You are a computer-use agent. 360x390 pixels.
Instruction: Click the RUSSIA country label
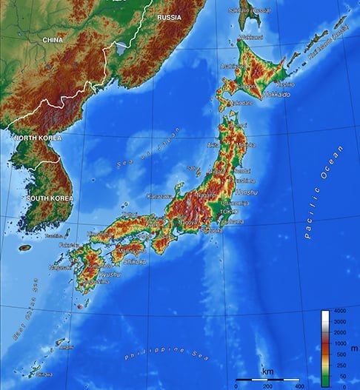pyautogui.click(x=170, y=16)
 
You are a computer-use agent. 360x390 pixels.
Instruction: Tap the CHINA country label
pyautogui.click(x=53, y=39)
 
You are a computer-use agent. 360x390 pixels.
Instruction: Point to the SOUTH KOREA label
pyautogui.click(x=50, y=198)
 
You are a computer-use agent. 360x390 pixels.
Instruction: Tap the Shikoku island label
pyautogui.click(x=135, y=261)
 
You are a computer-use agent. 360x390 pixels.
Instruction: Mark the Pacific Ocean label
pyautogui.click(x=324, y=192)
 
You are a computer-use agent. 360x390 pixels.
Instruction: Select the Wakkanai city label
pyautogui.click(x=250, y=37)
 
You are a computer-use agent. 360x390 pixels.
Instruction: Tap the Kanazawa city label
pyautogui.click(x=159, y=196)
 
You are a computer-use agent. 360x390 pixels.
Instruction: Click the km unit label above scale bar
pyautogui.click(x=267, y=370)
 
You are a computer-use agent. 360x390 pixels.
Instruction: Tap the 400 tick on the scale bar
pyautogui.click(x=299, y=386)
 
